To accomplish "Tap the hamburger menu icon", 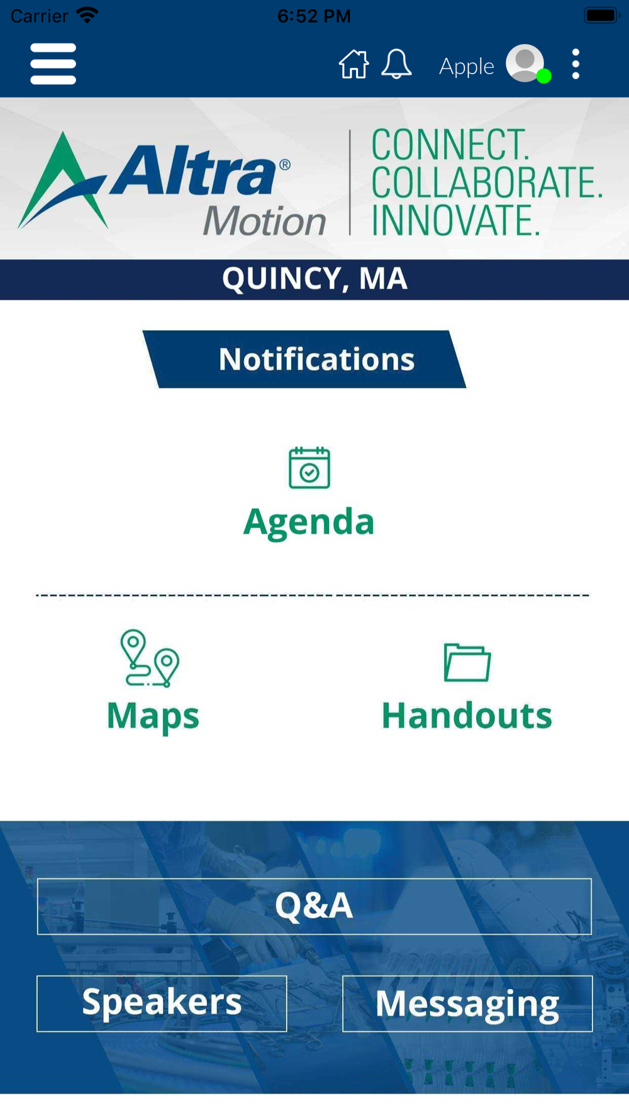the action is tap(53, 64).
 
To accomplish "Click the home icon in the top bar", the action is tap(354, 64).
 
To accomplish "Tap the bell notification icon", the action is tap(396, 64).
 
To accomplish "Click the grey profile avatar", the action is tap(525, 63).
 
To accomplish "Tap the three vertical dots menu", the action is tap(576, 64).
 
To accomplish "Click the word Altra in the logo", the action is tap(194, 169).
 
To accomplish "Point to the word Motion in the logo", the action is tap(264, 221).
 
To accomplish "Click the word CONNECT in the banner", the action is tap(450, 145).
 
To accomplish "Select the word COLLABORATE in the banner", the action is tap(487, 182).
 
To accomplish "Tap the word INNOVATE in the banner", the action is tap(455, 220).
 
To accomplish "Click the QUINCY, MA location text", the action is tap(314, 279).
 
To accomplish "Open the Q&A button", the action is tap(314, 906).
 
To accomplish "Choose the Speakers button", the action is tap(162, 1004).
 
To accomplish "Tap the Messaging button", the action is tap(467, 1004).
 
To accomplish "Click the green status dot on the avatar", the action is tap(544, 76).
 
